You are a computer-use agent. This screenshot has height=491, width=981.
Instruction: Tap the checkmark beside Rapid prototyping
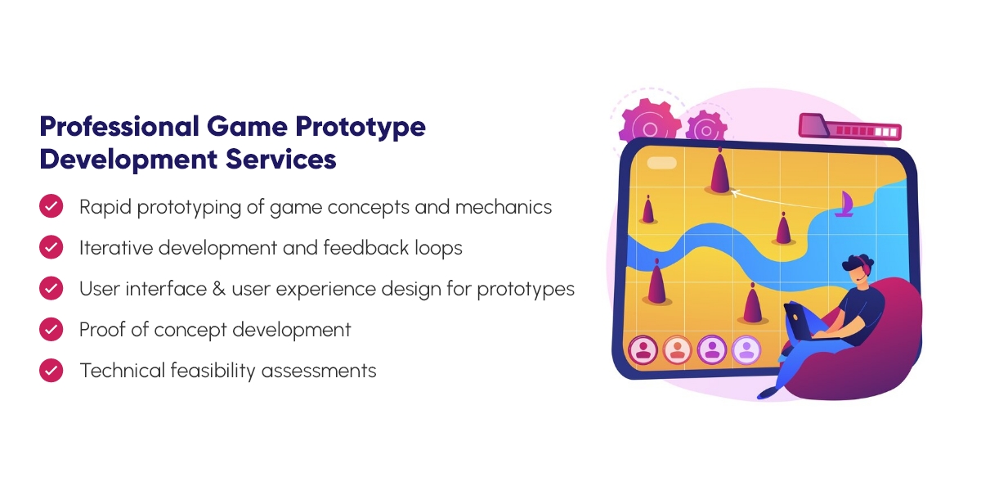point(52,206)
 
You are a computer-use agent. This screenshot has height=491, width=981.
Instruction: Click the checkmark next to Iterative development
point(52,247)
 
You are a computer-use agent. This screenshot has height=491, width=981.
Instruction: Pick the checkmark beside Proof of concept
point(52,329)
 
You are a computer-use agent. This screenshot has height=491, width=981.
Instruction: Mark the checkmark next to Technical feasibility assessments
point(52,370)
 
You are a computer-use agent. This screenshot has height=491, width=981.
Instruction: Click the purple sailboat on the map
point(844,204)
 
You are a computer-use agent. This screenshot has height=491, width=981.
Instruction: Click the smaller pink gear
point(706,129)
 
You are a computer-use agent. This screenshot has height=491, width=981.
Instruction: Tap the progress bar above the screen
point(849,128)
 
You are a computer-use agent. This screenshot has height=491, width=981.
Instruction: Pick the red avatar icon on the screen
point(643,350)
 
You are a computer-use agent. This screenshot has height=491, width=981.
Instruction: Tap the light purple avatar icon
point(746,350)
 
